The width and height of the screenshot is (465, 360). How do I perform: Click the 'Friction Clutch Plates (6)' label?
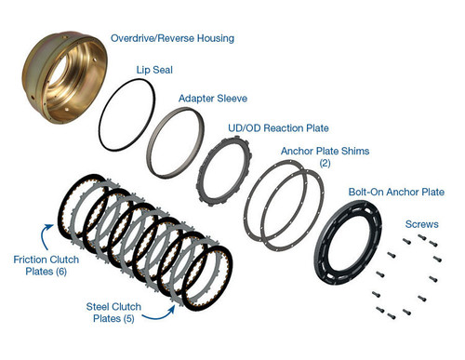(36, 265)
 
